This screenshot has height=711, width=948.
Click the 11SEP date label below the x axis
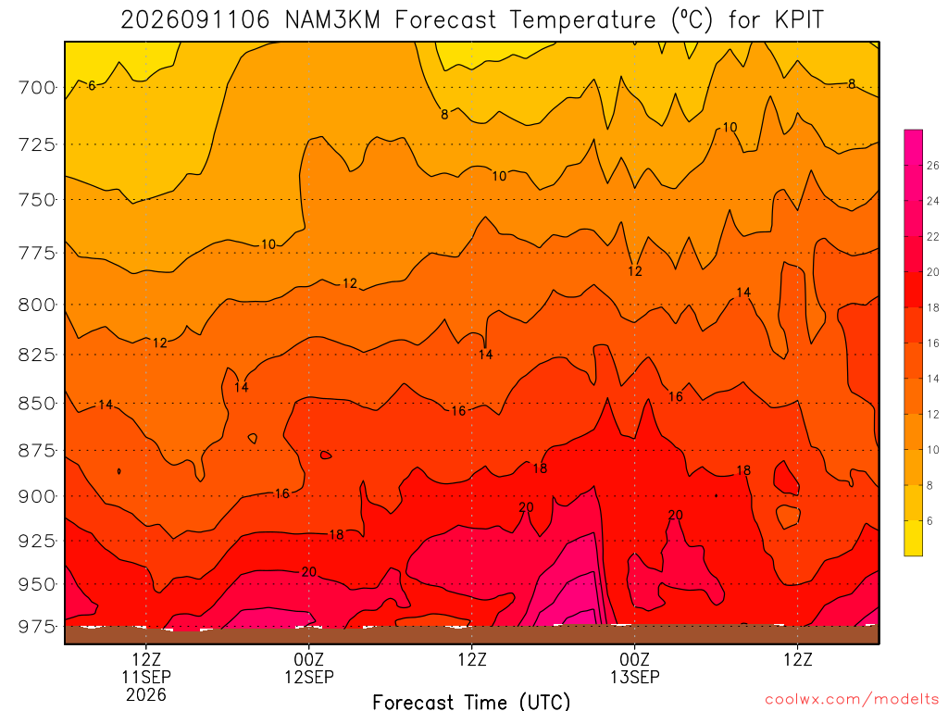click(146, 677)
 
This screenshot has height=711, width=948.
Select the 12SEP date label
click(309, 677)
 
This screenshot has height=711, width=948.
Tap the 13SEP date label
click(635, 677)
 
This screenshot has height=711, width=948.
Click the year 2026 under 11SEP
click(146, 694)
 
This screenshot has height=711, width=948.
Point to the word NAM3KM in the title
click(332, 20)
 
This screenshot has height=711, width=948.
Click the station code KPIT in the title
click(799, 20)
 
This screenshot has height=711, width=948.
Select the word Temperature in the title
click(582, 20)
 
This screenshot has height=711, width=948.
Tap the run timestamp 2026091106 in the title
click(194, 20)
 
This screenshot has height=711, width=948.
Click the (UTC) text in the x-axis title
click(544, 702)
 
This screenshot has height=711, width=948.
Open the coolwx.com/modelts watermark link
click(852, 700)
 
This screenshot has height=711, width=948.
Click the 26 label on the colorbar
click(933, 166)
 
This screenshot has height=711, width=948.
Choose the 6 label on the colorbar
click(929, 521)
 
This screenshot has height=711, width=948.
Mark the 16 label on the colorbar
click(933, 343)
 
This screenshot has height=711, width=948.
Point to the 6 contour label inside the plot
click(92, 86)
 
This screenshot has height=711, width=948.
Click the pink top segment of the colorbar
click(913, 147)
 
